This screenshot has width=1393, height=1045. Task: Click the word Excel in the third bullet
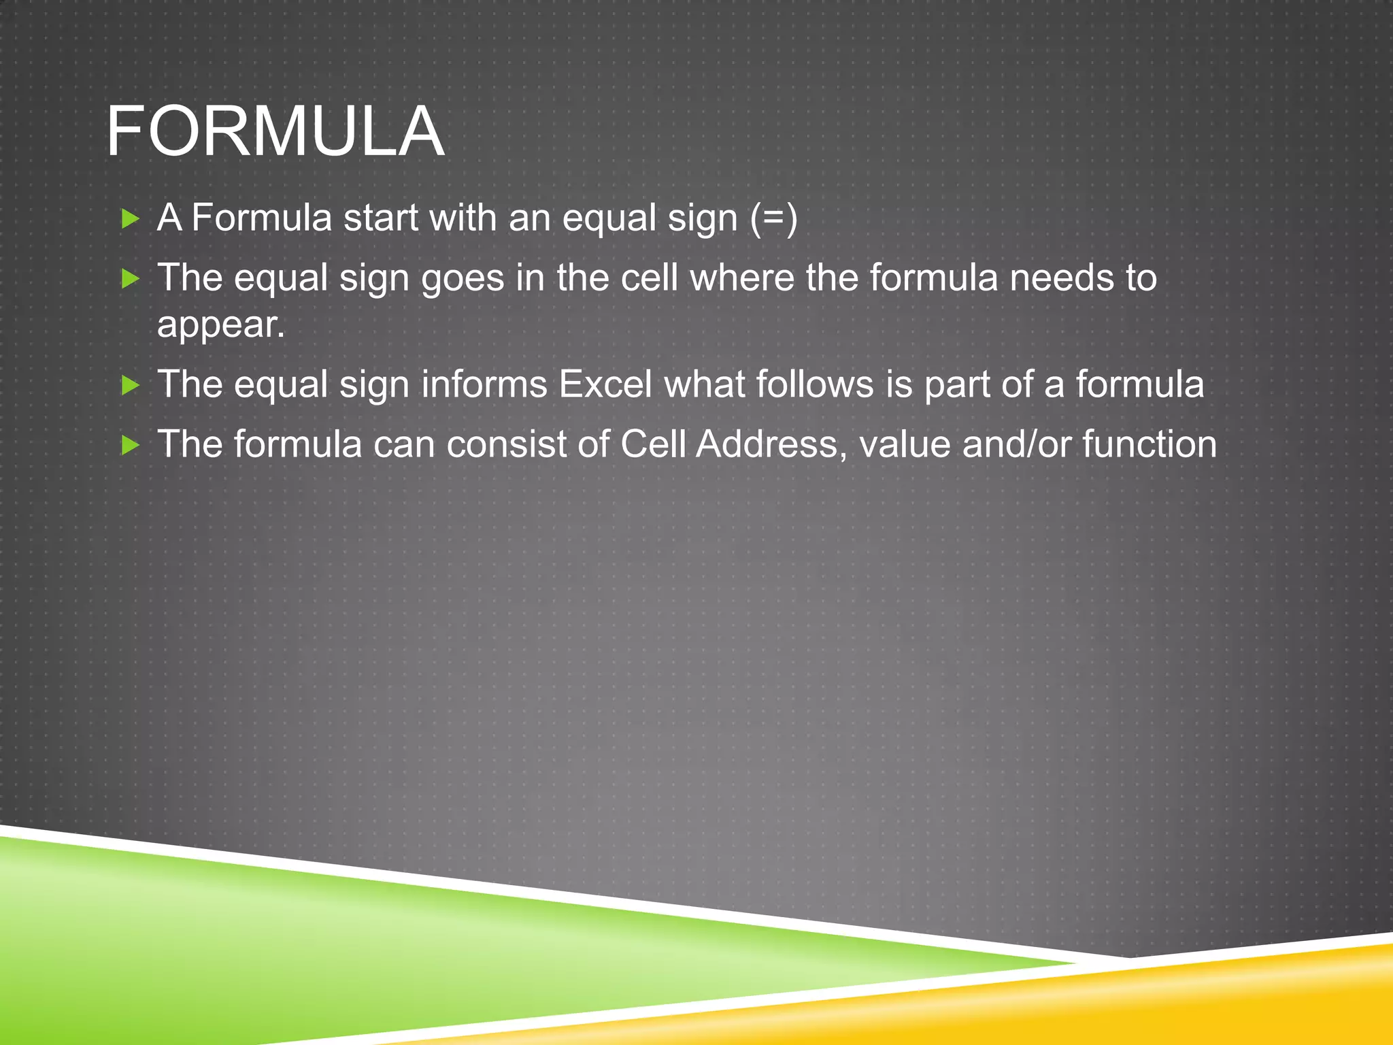[605, 384]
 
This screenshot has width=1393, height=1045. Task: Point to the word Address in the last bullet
[771, 444]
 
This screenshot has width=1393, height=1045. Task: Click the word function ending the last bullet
[1149, 444]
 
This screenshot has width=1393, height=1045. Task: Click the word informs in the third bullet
[484, 384]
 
